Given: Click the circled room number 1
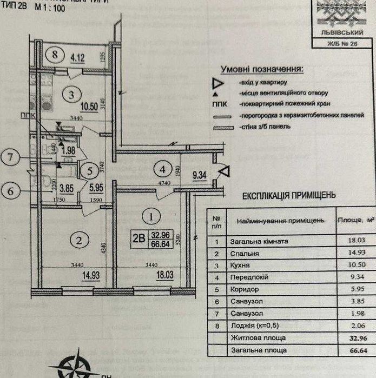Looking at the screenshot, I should pyautogui.click(x=151, y=216).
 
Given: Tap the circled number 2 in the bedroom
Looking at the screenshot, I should pyautogui.click(x=79, y=241).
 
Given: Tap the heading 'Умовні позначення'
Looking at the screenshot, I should pyautogui.click(x=261, y=69).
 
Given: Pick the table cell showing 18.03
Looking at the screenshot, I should pyautogui.click(x=348, y=242).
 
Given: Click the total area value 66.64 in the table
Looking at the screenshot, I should pyautogui.click(x=348, y=350).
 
